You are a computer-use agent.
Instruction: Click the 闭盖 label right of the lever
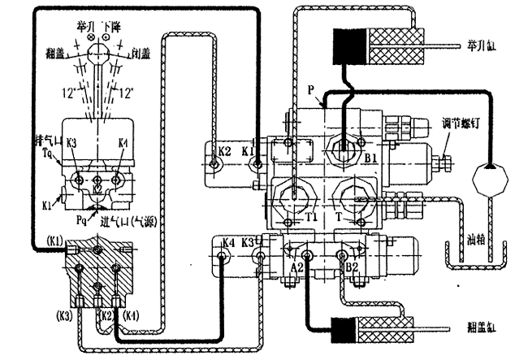143,56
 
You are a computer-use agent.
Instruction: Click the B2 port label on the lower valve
352,266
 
